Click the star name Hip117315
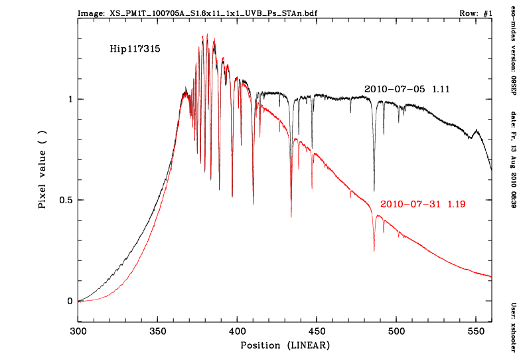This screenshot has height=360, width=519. (135, 48)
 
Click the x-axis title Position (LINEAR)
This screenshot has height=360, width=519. (285, 345)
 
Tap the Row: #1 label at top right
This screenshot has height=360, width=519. (475, 13)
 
